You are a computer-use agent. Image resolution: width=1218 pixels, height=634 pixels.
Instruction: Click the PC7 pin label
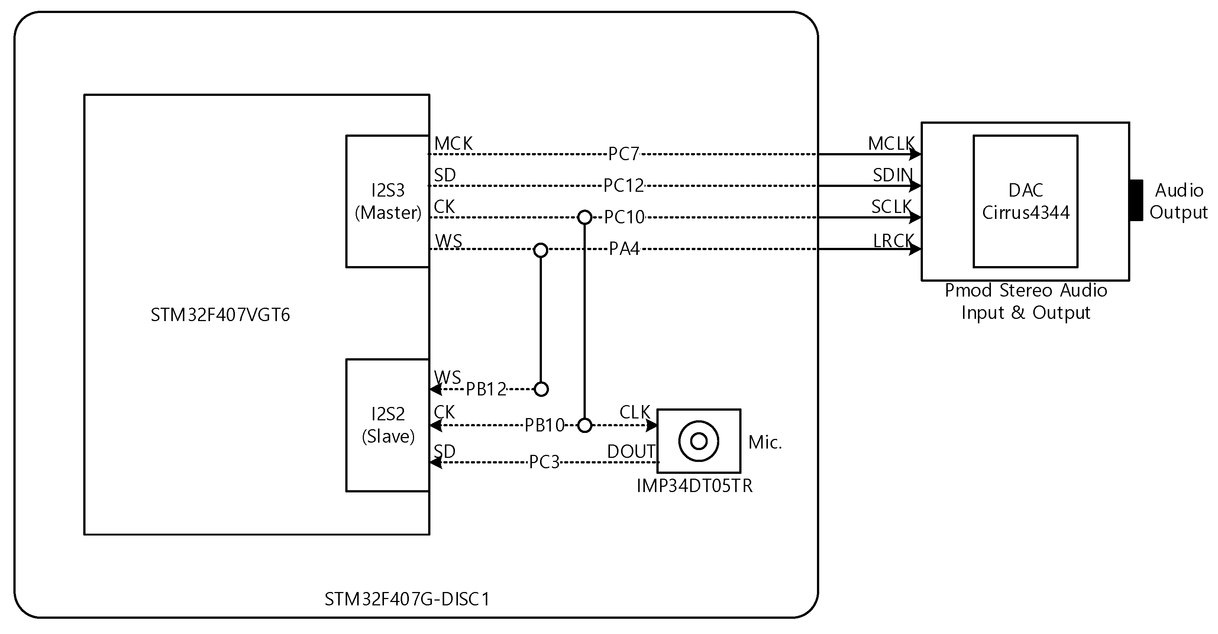click(623, 154)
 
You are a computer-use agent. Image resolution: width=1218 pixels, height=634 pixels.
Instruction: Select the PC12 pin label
click(623, 186)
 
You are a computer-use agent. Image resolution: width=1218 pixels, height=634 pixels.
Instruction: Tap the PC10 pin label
click(624, 217)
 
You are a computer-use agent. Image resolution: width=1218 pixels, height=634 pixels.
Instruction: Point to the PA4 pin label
click(624, 249)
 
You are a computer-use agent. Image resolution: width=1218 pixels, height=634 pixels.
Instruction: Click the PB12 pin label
click(486, 389)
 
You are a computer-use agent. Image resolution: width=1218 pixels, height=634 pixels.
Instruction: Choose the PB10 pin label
click(544, 426)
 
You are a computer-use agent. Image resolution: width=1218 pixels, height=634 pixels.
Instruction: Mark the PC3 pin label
click(544, 462)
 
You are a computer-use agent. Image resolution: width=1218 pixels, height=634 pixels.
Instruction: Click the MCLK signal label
click(891, 144)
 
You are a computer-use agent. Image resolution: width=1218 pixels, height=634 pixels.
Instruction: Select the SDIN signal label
click(892, 175)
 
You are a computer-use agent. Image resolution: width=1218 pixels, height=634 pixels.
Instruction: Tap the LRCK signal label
click(893, 241)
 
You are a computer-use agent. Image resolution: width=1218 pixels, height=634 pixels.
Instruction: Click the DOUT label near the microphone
click(631, 452)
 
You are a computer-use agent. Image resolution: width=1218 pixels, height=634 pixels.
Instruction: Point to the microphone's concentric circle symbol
click(698, 441)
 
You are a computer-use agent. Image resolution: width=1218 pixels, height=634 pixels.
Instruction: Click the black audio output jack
click(1136, 200)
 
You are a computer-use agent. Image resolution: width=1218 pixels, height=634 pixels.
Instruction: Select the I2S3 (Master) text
click(388, 201)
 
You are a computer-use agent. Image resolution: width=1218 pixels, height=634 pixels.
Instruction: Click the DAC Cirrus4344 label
click(1025, 201)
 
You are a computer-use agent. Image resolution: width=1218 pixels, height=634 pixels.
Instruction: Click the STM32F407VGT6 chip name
click(220, 315)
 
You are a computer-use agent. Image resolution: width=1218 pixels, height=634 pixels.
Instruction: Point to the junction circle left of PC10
click(585, 217)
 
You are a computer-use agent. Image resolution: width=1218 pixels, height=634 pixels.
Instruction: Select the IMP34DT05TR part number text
click(694, 486)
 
